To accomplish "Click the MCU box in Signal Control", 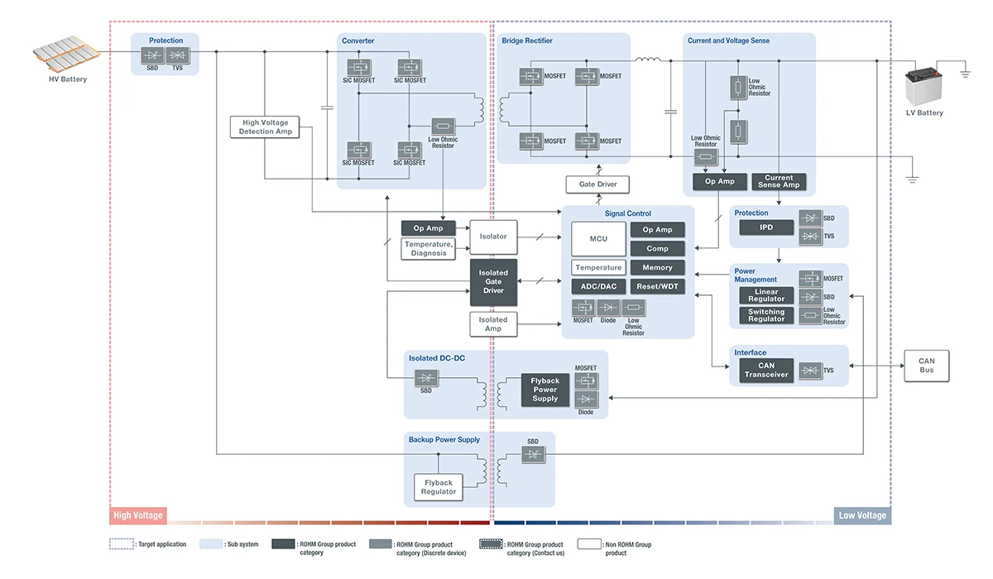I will coord(598,239).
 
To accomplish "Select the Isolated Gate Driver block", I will coord(493,282).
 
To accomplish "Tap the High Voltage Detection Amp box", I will coord(266,127).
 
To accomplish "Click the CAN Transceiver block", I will coord(766,371).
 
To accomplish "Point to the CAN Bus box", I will coord(926,366).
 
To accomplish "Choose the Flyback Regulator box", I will coord(439,487).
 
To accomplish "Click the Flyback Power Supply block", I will coord(545,390).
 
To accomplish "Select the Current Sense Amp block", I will coord(779,181).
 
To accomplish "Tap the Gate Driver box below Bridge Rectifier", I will coord(597,184).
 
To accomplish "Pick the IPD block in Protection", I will coord(766,227).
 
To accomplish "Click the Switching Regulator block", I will coord(766,316).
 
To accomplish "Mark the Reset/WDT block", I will coord(658,286).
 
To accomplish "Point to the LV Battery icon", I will coord(924,86).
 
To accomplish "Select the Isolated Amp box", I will coord(493,324).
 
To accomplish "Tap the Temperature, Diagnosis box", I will coord(429,248).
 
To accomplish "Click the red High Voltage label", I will coord(138,515).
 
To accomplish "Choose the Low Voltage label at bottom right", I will coord(862,515).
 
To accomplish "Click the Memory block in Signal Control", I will coord(658,267).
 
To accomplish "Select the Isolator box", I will coord(493,237).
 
